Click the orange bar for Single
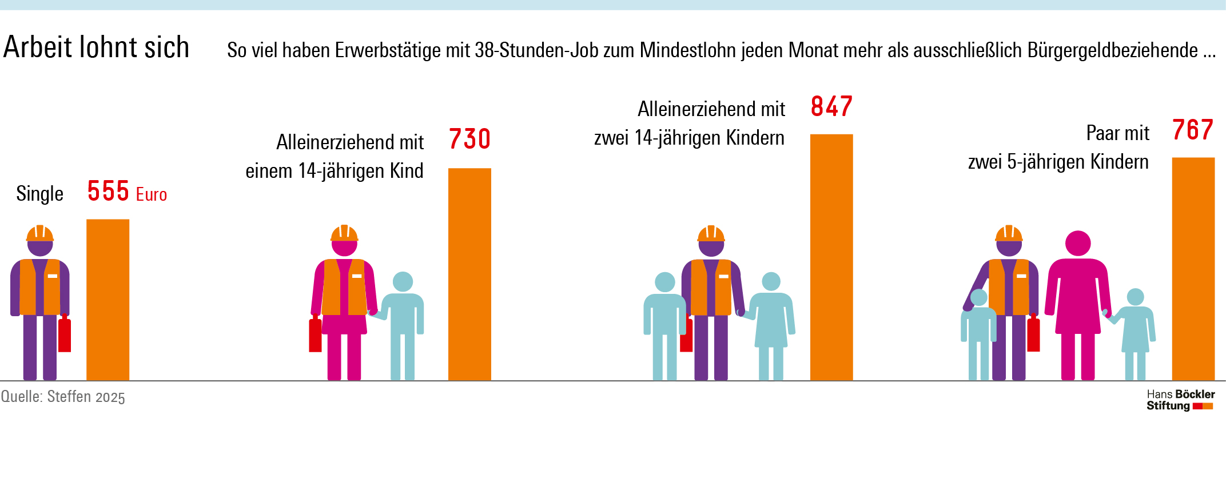(x=108, y=300)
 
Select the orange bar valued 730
(x=469, y=274)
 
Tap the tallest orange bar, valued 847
(x=831, y=257)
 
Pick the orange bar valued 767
(x=1193, y=269)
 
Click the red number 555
(x=108, y=191)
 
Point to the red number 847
(x=831, y=107)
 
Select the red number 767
(x=1193, y=130)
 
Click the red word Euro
(x=152, y=195)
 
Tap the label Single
(x=39, y=194)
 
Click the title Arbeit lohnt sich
(x=96, y=47)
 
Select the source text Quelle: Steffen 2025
(x=63, y=397)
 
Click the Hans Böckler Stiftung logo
(x=1180, y=400)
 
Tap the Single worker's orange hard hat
(x=40, y=233)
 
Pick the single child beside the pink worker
(x=403, y=323)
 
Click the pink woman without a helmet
(x=1078, y=303)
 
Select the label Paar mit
(x=1117, y=133)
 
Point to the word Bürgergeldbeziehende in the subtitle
(x=1112, y=50)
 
